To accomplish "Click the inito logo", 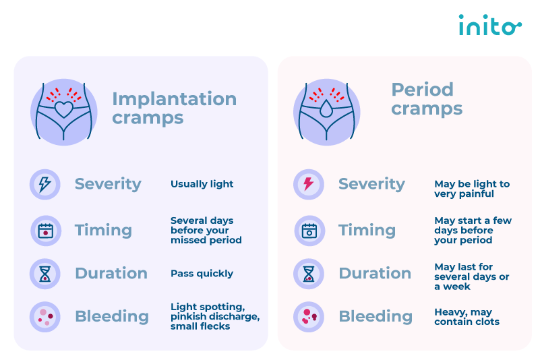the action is click(489, 25).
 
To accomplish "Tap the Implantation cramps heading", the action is click(174, 108).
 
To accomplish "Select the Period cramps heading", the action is click(427, 99).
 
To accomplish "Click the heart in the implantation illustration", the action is click(64, 109).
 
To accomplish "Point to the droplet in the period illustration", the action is click(326, 108).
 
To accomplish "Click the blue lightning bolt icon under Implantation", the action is click(44, 184).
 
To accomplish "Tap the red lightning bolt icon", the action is click(309, 184).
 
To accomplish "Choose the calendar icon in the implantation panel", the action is click(45, 231).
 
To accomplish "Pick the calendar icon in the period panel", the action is click(309, 231).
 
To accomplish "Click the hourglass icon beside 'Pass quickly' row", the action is click(44, 274).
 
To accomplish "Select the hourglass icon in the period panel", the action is click(309, 274).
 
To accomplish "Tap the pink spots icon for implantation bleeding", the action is click(44, 317).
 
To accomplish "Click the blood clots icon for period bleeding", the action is click(309, 317).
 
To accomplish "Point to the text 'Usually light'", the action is click(202, 184).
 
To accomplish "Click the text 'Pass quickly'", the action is click(202, 274).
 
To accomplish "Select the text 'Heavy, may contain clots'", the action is click(467, 317).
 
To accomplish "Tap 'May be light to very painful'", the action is click(472, 189).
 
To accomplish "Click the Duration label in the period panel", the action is click(375, 274).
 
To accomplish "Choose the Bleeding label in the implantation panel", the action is click(112, 317).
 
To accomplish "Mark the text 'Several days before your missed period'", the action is click(206, 230).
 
